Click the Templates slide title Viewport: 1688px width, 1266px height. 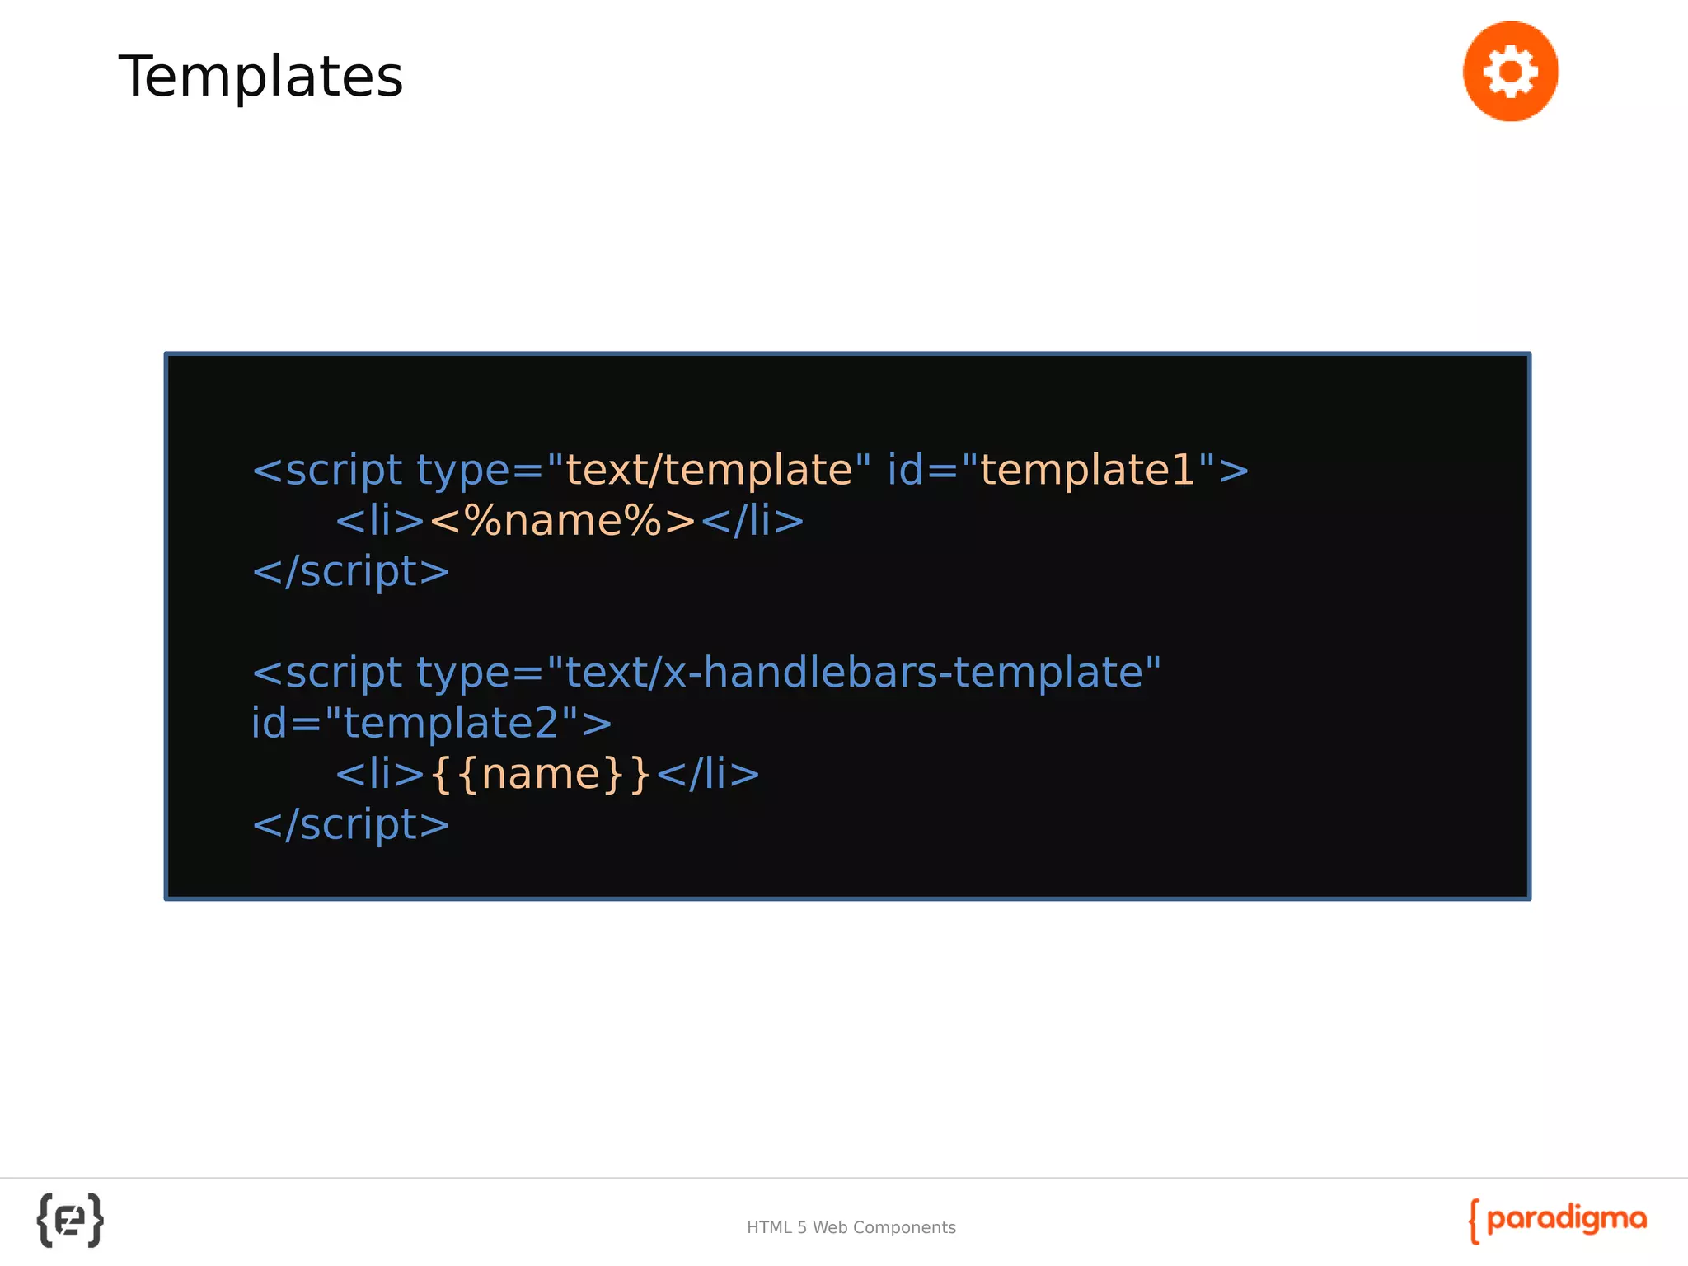click(x=260, y=77)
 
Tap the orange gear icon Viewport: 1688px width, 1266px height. click(x=1510, y=72)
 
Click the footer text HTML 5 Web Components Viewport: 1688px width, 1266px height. click(x=851, y=1227)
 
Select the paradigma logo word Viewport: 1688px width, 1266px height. click(x=1566, y=1219)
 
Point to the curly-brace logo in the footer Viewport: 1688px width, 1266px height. click(x=70, y=1220)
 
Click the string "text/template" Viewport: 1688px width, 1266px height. click(x=708, y=470)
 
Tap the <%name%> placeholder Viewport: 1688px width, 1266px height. click(x=563, y=521)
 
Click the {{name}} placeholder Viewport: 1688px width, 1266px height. click(x=541, y=774)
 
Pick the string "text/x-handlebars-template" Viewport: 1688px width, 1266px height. click(x=853, y=673)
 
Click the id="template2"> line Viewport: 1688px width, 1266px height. click(x=431, y=723)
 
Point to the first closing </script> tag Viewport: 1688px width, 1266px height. click(x=351, y=571)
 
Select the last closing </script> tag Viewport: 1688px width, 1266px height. click(x=351, y=824)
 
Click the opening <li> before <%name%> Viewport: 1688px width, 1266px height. click(x=380, y=521)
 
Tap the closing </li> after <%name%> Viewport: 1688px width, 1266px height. click(x=753, y=521)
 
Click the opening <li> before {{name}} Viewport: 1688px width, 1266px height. click(x=380, y=774)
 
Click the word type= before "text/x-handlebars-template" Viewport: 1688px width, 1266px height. click(x=479, y=673)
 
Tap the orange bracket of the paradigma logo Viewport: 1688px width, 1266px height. click(x=1474, y=1221)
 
